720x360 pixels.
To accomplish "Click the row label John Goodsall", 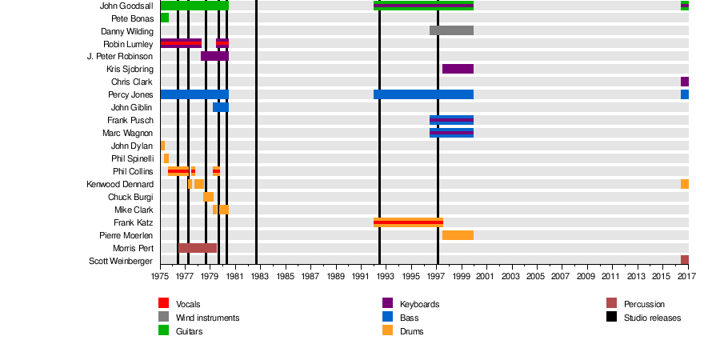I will pos(126,6).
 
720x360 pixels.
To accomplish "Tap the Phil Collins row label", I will pos(133,171).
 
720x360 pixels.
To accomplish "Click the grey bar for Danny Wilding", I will pos(451,30).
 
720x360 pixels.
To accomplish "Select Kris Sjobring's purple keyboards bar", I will pos(458,69).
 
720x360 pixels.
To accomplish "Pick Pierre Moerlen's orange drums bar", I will pos(458,235).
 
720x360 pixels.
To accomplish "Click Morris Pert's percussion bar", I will pos(198,248).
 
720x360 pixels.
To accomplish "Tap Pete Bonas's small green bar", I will pos(164,18).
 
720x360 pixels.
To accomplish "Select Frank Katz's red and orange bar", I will pos(408,222).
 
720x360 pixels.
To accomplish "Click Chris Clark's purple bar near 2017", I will pos(685,82).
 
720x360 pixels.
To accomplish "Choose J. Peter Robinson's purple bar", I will pos(214,56).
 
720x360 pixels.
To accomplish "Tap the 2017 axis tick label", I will pos(686,276).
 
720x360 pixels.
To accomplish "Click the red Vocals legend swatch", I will pos(164,303).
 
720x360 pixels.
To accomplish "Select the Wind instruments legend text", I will pos(207,318).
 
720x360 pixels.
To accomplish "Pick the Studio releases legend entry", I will pos(652,318).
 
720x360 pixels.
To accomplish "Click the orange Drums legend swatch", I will pos(388,330).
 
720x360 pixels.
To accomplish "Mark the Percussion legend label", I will pos(644,304).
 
